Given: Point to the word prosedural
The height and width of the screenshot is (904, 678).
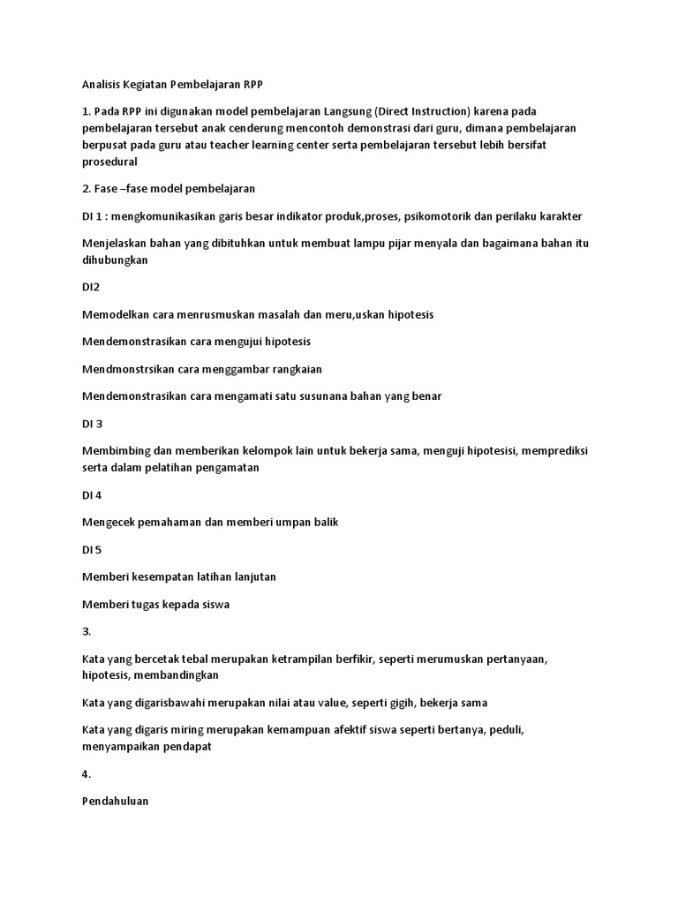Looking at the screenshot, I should pos(110,162).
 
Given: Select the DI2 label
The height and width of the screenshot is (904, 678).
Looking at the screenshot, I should pos(91,287).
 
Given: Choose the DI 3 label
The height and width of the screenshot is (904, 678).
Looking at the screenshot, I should pos(93,424).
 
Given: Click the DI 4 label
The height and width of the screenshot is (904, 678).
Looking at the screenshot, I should pos(93,494).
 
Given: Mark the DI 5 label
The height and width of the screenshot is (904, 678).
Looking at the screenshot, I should pos(93,549).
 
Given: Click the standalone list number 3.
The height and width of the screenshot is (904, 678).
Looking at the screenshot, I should pos(86,631).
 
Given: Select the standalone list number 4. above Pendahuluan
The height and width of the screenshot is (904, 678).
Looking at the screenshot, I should pos(86,774).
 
